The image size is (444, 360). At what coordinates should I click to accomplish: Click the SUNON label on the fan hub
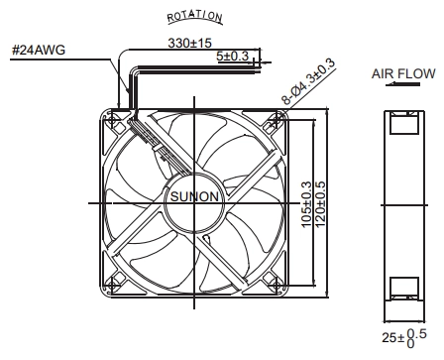(x=194, y=196)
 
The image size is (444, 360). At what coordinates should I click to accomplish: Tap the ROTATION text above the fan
(x=195, y=17)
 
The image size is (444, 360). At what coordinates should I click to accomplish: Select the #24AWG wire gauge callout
(x=39, y=50)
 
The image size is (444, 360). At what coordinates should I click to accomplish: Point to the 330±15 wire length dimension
(x=189, y=43)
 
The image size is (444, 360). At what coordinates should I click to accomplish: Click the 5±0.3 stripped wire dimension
(x=232, y=56)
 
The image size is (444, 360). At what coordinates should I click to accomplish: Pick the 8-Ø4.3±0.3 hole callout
(x=308, y=81)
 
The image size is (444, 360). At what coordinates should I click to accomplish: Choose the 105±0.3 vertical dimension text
(x=306, y=204)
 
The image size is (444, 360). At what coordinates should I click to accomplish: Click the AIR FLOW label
(x=403, y=73)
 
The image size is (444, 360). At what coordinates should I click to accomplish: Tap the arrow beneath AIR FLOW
(x=402, y=84)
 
